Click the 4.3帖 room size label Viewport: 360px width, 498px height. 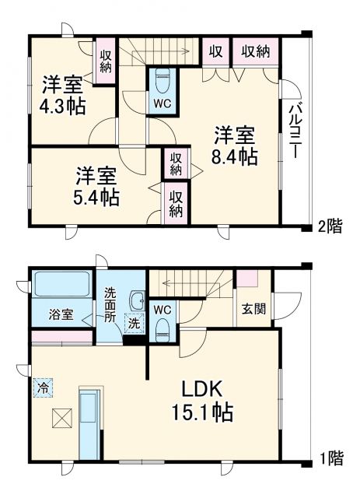point(64,105)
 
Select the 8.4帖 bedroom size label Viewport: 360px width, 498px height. point(236,156)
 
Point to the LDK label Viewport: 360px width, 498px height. point(204,389)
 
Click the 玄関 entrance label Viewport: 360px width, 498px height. point(253,308)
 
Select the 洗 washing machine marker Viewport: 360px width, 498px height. point(134,323)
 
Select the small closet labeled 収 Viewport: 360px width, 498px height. point(215,51)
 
